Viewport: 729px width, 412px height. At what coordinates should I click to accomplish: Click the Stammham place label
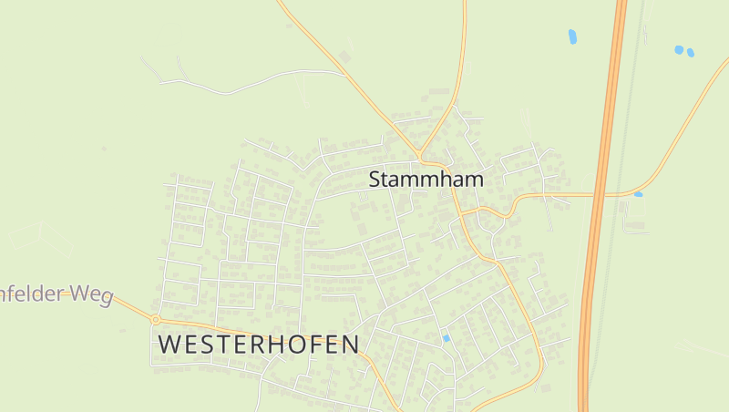(426, 180)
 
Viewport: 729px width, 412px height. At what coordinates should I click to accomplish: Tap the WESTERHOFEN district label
(259, 345)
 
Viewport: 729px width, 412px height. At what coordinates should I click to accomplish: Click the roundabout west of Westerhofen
(156, 320)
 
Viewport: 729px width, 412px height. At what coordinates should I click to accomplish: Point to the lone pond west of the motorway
(572, 37)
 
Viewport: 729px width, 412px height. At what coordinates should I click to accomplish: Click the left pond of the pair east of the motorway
(679, 49)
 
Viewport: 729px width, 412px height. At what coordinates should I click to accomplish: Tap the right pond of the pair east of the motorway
(690, 53)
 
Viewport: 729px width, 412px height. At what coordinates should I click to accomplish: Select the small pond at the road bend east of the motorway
(638, 194)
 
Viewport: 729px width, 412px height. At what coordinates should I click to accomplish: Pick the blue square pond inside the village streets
(446, 338)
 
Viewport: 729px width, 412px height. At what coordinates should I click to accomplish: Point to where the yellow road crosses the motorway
(598, 194)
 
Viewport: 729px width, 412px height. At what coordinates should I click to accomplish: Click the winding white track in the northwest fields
(246, 88)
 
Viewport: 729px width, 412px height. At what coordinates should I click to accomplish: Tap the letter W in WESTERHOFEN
(170, 345)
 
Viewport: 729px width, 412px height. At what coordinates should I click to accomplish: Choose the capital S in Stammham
(375, 180)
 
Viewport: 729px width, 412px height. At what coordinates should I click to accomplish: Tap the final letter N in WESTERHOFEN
(349, 345)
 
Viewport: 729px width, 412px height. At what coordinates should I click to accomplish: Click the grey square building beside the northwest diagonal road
(345, 57)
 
